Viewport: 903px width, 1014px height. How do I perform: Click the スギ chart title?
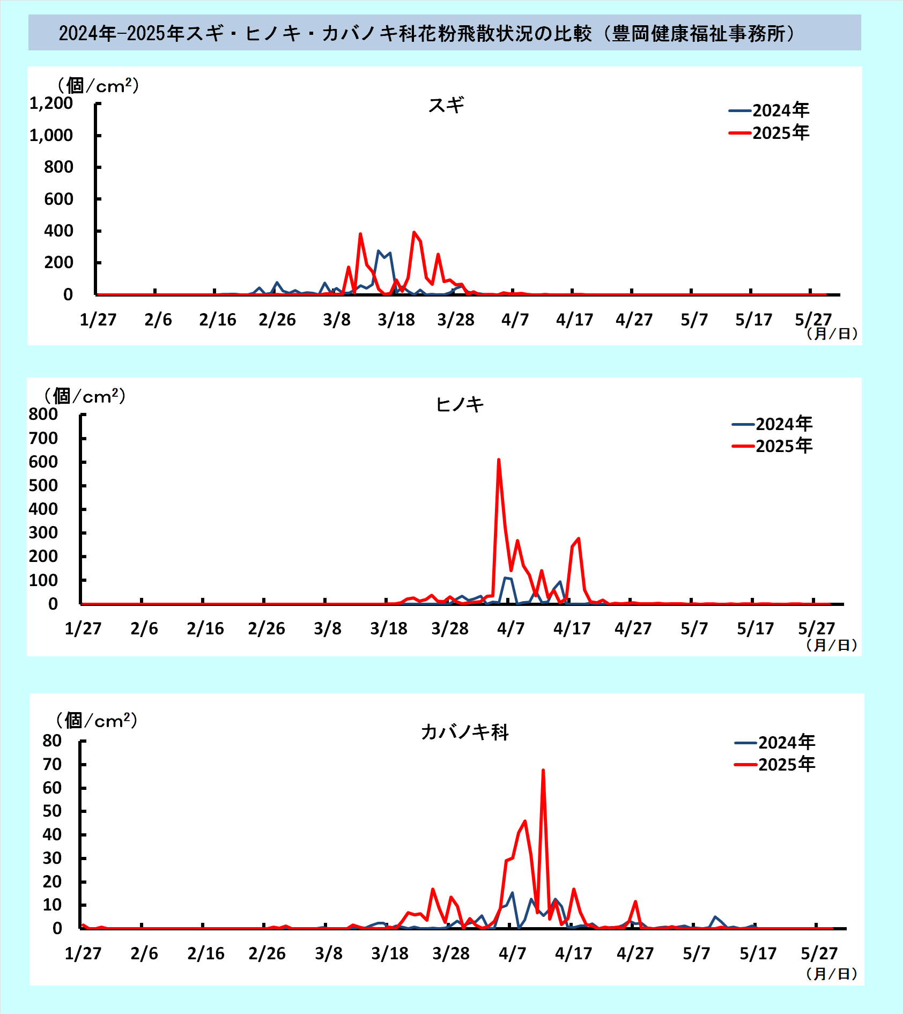446,105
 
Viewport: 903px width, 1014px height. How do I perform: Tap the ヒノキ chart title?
460,404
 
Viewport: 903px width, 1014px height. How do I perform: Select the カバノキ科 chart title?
464,732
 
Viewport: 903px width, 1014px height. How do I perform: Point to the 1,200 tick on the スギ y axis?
51,103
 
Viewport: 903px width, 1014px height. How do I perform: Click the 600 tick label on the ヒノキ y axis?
43,462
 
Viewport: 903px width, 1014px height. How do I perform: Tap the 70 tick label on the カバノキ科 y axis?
52,764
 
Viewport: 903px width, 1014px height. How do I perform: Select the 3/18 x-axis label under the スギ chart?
396,320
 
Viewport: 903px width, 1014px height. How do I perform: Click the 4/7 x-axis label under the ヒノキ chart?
511,628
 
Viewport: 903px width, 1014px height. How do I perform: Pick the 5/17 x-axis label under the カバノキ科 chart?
758,953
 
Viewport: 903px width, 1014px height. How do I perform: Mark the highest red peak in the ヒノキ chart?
499,460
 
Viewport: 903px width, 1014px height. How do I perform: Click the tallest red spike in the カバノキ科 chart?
543,771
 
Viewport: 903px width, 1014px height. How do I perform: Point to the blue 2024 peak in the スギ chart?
379,251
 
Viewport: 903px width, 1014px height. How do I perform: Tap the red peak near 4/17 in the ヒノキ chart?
578,539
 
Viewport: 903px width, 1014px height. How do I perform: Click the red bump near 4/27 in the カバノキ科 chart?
635,902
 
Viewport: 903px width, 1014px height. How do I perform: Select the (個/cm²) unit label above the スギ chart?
98,85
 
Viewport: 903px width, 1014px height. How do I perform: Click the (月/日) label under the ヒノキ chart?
832,645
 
